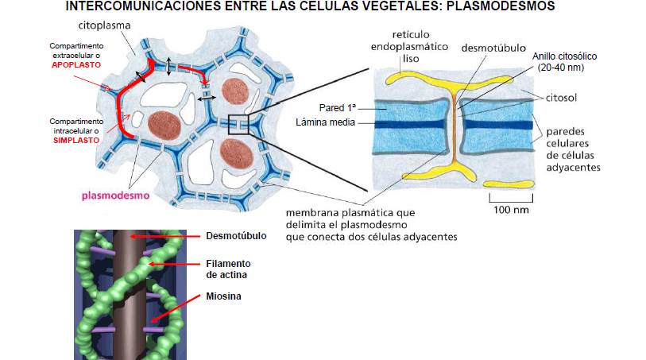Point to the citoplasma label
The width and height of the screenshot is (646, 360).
(104, 26)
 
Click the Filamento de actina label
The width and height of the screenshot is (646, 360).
(228, 268)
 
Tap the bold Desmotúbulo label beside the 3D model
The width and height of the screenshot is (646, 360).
(236, 236)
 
